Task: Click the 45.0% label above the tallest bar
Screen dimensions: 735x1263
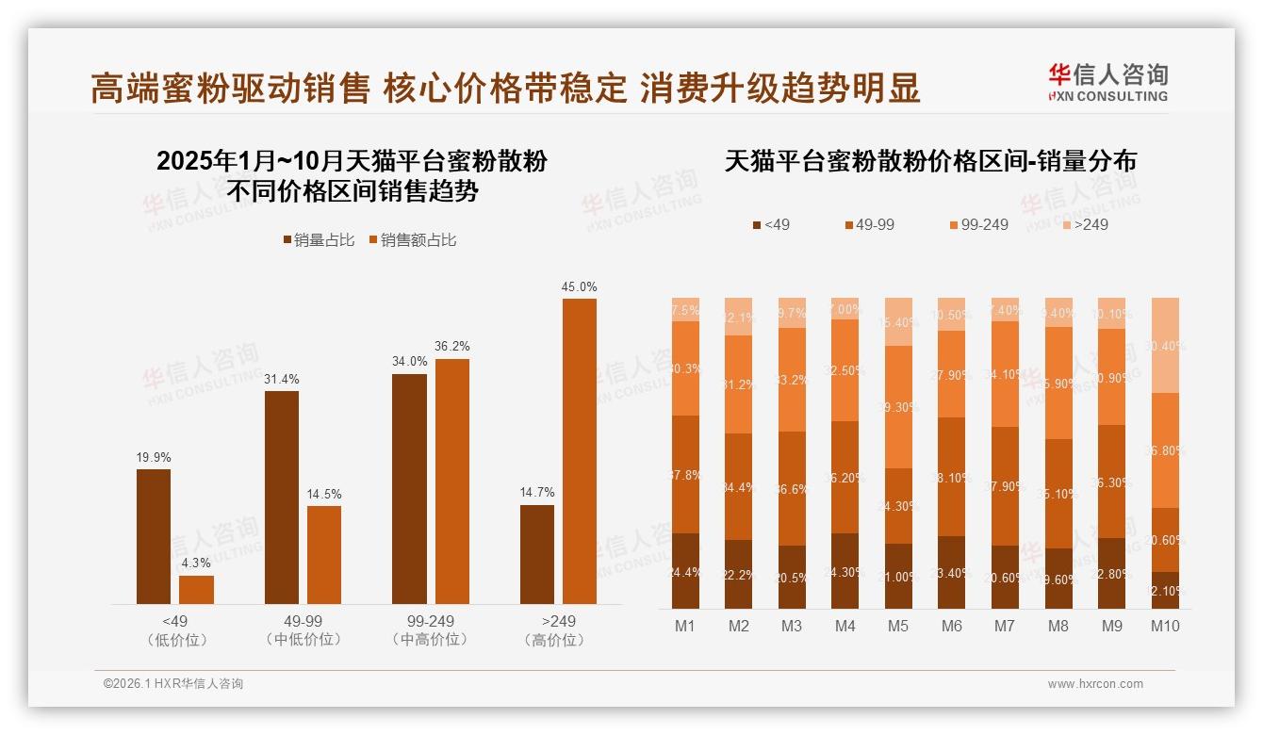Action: click(x=579, y=287)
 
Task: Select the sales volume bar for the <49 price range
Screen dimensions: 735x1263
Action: click(x=154, y=536)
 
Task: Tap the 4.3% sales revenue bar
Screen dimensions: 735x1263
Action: click(x=196, y=590)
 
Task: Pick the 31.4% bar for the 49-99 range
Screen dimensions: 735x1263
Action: click(x=282, y=497)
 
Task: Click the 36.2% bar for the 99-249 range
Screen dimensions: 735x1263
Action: click(x=451, y=481)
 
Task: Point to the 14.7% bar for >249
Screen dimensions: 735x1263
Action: click(x=537, y=554)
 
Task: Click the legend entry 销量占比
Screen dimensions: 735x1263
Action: click(x=319, y=240)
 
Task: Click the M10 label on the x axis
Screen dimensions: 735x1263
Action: click(x=1165, y=626)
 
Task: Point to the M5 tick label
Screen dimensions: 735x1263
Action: click(x=898, y=626)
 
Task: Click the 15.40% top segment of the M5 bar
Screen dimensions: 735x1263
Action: click(x=898, y=321)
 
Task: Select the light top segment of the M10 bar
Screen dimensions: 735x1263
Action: click(x=1165, y=345)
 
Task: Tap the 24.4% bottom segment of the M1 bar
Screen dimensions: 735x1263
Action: click(x=685, y=571)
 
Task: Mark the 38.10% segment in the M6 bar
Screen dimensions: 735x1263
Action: click(x=952, y=477)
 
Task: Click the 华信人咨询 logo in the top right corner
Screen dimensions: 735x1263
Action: click(x=1107, y=82)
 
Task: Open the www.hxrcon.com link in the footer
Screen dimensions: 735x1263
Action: click(x=1095, y=684)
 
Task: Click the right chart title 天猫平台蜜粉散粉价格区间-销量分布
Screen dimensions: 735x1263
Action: click(x=930, y=161)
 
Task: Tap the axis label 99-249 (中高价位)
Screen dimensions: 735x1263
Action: click(x=430, y=630)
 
